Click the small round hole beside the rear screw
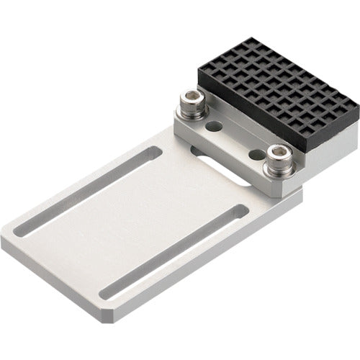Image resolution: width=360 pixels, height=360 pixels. pos(213,126)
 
